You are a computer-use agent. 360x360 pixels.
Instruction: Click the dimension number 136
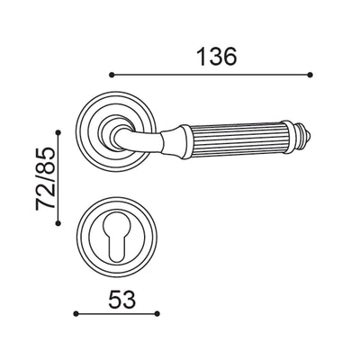216,56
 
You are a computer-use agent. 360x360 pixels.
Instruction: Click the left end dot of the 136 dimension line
111,75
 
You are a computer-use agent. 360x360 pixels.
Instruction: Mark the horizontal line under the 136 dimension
211,75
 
